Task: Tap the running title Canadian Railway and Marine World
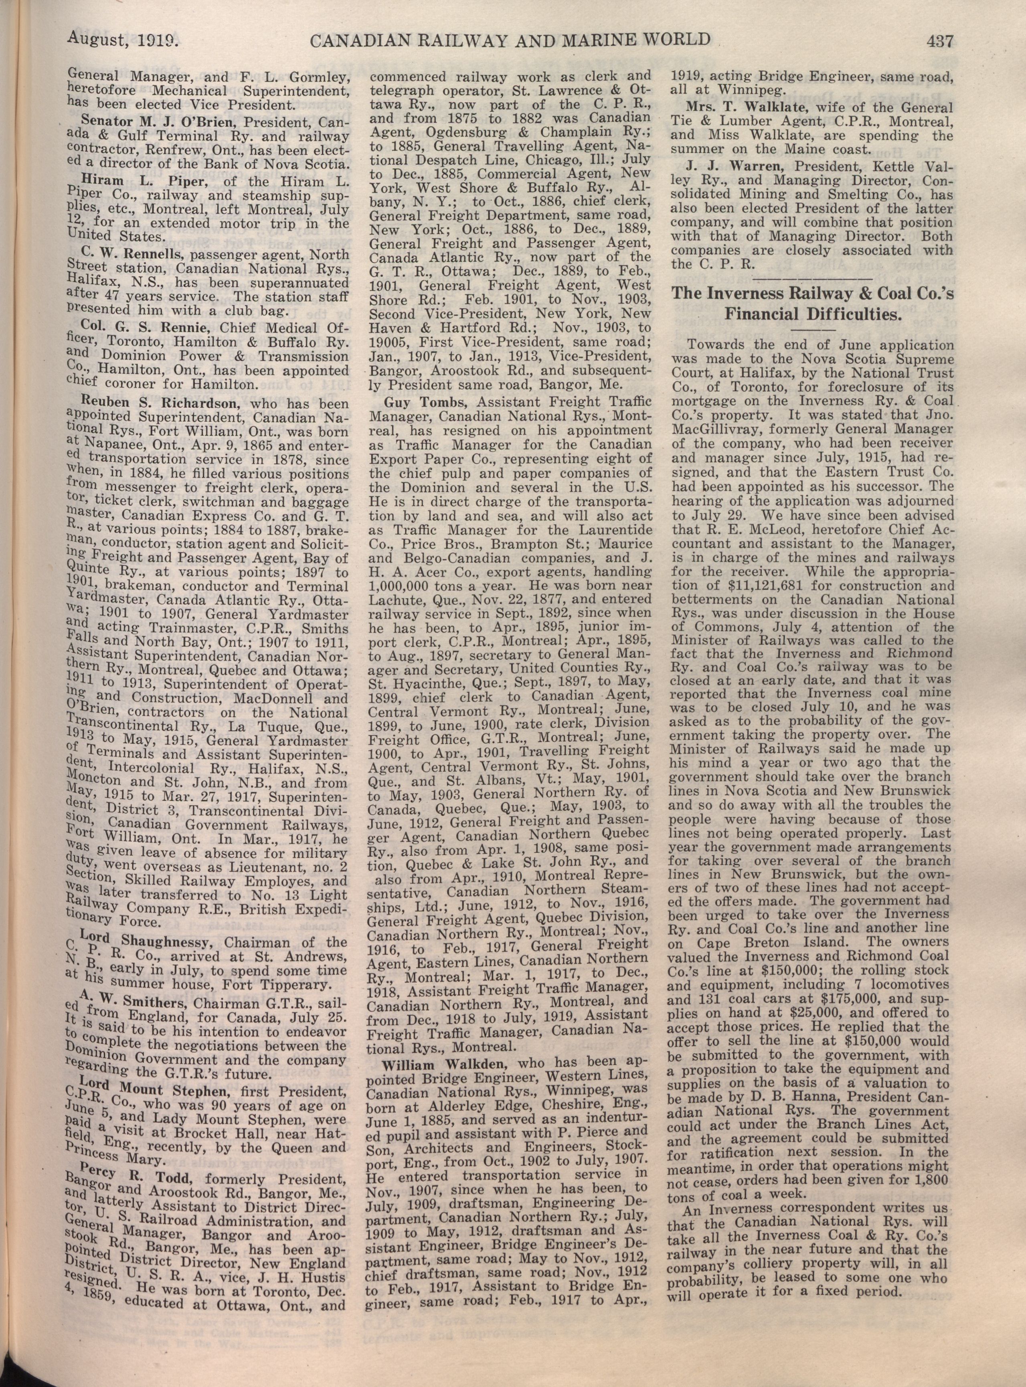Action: pos(509,40)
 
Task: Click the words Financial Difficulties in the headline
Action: pos(812,314)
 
